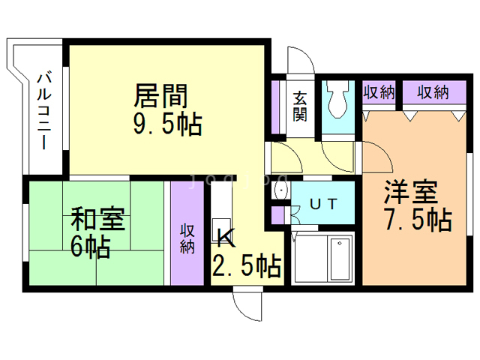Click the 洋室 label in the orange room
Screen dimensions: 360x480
point(410,193)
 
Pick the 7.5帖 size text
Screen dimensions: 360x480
point(417,220)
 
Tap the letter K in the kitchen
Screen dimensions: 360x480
point(226,238)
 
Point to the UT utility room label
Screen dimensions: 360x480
point(323,202)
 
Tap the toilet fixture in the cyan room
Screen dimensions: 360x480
point(337,101)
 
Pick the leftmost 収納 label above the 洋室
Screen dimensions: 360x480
point(379,93)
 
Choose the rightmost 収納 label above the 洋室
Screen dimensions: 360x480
point(433,93)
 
